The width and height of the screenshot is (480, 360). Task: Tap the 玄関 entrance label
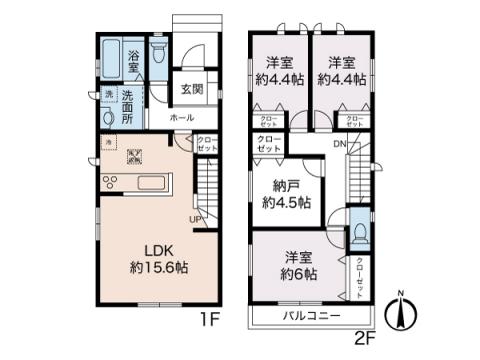[192, 88]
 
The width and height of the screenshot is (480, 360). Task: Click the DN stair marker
[339, 145]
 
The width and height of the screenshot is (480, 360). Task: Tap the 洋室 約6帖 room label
[297, 264]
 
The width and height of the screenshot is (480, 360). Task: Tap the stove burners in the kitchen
[110, 183]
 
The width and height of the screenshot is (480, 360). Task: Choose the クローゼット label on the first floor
[206, 145]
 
